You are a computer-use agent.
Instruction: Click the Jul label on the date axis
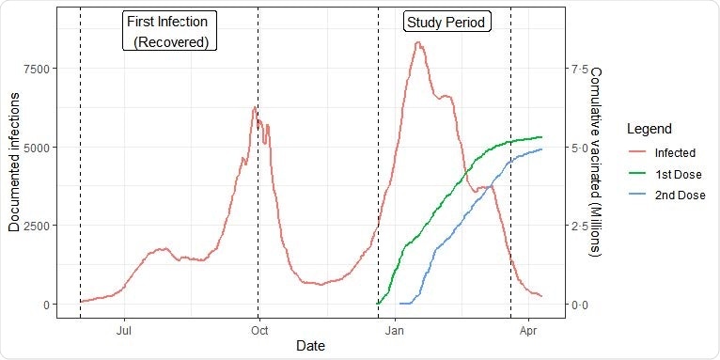(123, 330)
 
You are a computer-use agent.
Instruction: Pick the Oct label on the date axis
(258, 330)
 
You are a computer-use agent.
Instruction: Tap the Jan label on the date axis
(395, 330)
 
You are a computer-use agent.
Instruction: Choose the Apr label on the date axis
(528, 330)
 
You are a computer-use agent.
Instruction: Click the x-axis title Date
(310, 346)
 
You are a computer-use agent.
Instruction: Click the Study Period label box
(447, 22)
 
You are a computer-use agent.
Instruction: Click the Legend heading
(648, 128)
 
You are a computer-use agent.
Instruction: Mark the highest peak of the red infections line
(417, 42)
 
